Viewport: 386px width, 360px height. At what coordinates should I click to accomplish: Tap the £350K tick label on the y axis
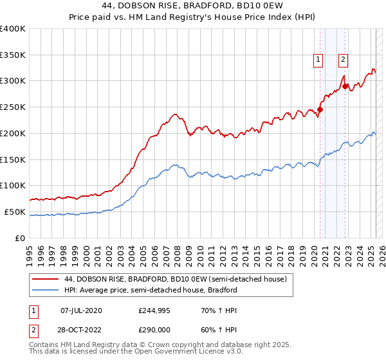[13, 55]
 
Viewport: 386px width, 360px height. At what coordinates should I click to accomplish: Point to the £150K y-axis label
[13, 159]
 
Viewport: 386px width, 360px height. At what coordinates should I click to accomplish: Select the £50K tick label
[15, 212]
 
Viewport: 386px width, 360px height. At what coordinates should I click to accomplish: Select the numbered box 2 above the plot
[344, 60]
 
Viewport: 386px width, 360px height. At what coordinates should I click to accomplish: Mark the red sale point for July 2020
[320, 109]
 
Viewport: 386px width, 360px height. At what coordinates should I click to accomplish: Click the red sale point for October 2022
[345, 85]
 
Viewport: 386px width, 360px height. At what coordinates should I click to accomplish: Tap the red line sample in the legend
[46, 279]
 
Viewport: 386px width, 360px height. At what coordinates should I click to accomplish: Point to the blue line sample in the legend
[46, 290]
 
